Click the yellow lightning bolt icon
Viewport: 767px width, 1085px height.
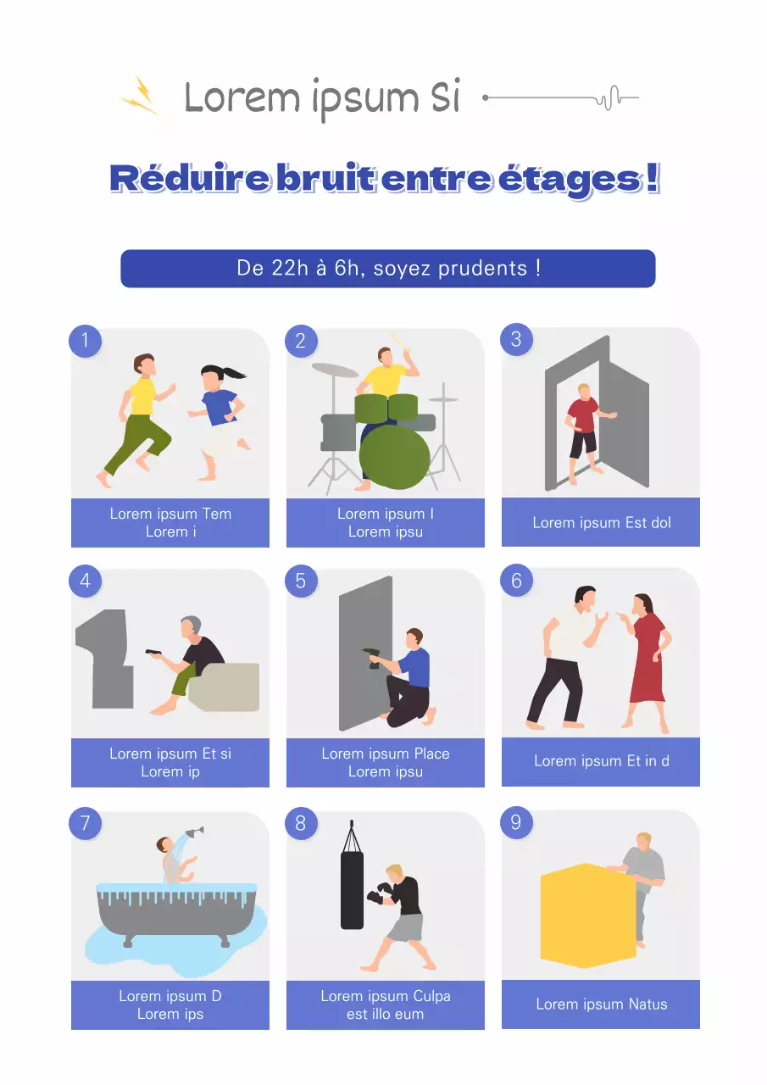coord(140,95)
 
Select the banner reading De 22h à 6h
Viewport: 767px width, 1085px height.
coord(387,269)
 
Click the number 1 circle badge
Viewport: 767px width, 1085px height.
coord(85,341)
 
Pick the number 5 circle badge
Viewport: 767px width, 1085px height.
coord(300,581)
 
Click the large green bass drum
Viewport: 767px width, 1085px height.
coord(394,455)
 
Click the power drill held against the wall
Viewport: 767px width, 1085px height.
coord(372,656)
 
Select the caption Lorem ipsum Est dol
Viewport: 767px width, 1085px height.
coord(601,523)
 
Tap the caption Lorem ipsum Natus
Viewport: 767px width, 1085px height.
coord(601,1004)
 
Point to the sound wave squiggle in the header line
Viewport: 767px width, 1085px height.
coord(607,98)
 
